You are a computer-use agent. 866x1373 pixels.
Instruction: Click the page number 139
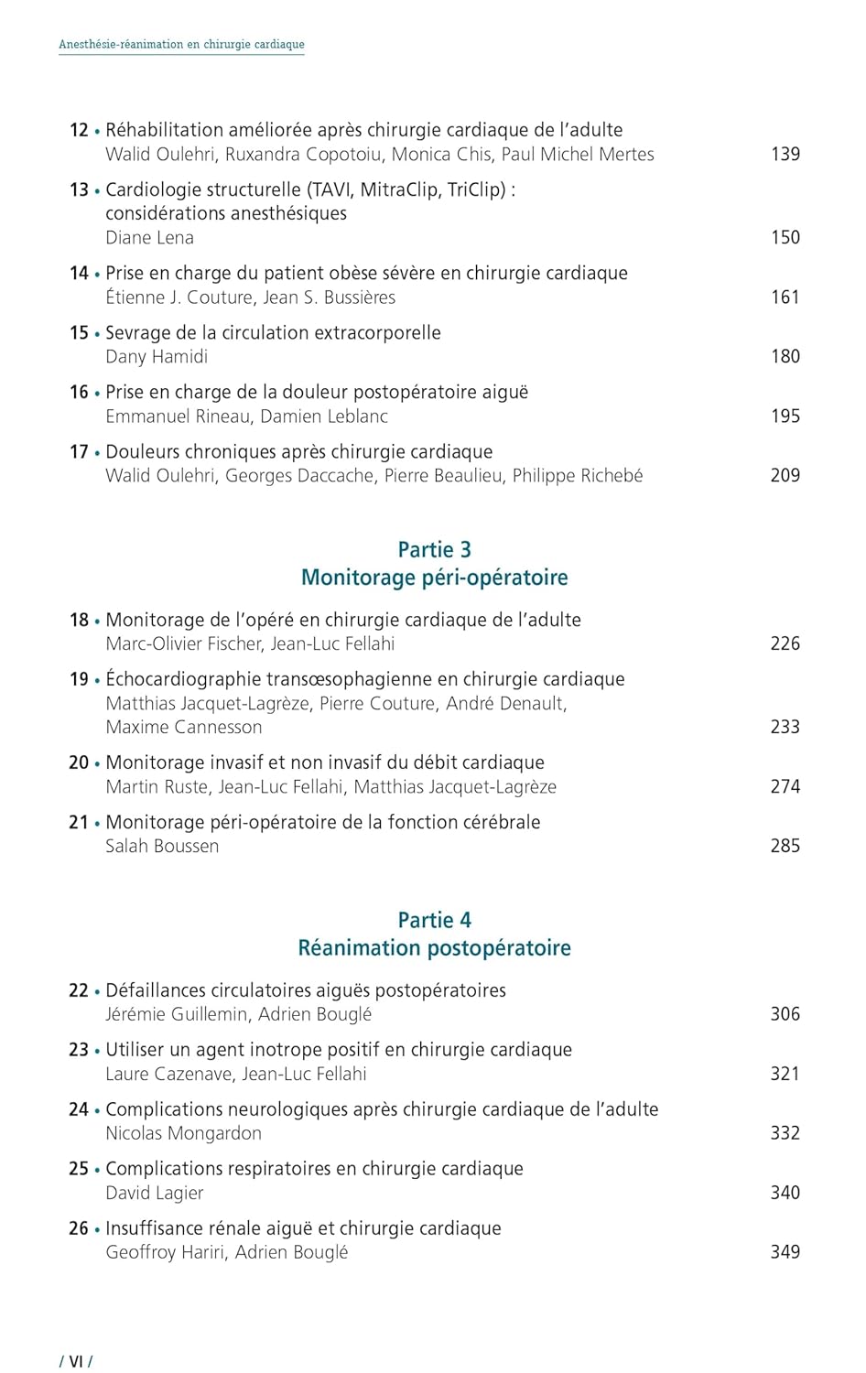click(785, 154)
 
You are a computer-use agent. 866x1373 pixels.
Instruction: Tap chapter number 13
click(79, 189)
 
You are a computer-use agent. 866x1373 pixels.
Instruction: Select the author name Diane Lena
click(149, 237)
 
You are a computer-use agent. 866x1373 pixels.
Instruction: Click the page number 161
click(785, 297)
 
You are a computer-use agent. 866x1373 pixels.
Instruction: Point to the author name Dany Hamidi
click(157, 356)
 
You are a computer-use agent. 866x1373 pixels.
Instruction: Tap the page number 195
click(785, 416)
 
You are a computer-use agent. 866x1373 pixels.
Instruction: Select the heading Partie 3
click(434, 549)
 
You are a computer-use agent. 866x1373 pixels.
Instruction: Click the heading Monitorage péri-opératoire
click(434, 578)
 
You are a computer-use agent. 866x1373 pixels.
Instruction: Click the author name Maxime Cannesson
click(183, 727)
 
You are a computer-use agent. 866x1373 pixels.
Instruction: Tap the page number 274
click(785, 786)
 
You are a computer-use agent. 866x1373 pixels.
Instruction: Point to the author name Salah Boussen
click(162, 846)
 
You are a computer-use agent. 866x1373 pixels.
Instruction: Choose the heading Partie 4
click(434, 920)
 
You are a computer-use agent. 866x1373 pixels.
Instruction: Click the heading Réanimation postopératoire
click(434, 948)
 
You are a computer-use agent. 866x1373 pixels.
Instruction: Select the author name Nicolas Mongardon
click(183, 1133)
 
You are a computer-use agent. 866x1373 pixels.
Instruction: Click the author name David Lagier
click(154, 1193)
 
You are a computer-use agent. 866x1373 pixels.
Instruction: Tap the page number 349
click(785, 1251)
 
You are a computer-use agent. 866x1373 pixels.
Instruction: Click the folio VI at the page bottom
click(76, 1361)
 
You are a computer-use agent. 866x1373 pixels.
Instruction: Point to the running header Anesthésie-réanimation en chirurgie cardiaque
click(181, 44)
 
